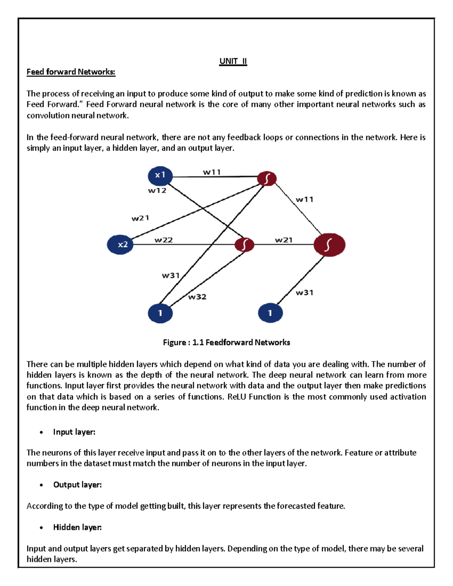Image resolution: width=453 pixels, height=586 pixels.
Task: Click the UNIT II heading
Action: (233, 61)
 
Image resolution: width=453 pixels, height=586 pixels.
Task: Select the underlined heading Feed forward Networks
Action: (71, 72)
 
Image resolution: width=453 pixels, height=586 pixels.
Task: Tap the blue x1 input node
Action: (160, 175)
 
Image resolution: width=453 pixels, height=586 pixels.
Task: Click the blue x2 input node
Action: (120, 245)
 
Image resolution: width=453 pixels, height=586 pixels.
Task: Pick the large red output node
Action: (329, 245)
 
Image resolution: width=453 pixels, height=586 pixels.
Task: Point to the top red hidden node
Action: (267, 178)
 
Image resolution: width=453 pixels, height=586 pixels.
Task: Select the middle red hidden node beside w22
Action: (244, 245)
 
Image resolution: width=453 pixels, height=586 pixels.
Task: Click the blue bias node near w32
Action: (160, 313)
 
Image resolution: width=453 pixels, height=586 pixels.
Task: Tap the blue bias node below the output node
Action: (270, 313)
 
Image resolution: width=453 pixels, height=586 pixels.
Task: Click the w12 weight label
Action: (157, 191)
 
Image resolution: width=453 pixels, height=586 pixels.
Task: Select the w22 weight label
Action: (163, 240)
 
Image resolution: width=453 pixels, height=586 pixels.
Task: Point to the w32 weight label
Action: (197, 297)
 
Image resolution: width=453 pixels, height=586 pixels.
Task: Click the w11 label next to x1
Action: (212, 172)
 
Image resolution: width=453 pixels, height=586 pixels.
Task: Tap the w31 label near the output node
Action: (304, 292)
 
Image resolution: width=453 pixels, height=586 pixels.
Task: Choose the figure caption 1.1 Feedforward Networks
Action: (226, 342)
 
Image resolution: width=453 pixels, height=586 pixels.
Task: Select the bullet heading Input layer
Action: (74, 432)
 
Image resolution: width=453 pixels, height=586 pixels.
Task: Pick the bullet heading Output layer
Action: (77, 484)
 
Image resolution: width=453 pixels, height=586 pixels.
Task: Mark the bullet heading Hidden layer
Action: (77, 527)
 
